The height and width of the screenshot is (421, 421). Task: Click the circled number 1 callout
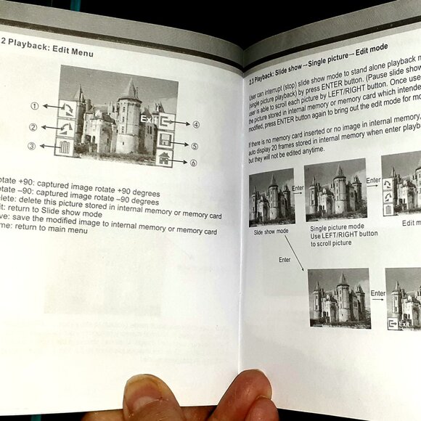click(x=34, y=105)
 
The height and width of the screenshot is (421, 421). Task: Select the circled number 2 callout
click(x=33, y=128)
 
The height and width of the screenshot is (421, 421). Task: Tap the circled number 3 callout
click(x=32, y=146)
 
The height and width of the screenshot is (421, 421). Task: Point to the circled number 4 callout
click(x=196, y=124)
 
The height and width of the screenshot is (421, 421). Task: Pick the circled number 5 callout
click(x=194, y=145)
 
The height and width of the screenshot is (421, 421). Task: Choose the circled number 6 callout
click(x=193, y=163)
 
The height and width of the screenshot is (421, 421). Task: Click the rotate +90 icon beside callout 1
click(x=67, y=109)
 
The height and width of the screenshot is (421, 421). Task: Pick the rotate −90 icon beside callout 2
click(x=66, y=128)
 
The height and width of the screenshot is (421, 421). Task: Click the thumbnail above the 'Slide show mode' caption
click(x=271, y=197)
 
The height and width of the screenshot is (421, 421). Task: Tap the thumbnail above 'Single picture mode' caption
click(x=335, y=189)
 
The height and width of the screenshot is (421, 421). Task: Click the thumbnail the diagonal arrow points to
click(x=338, y=298)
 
